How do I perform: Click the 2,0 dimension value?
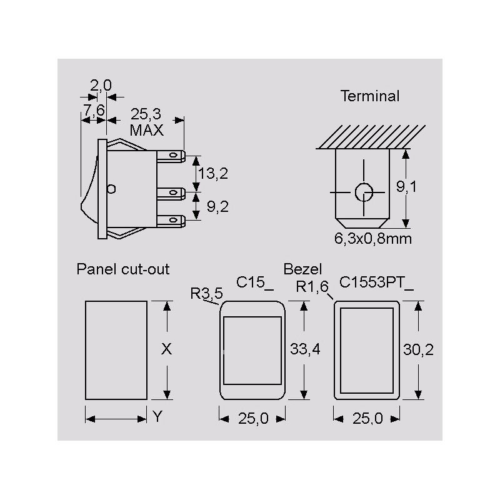click(x=101, y=86)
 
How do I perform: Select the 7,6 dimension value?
click(x=94, y=111)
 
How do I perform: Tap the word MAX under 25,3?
click(x=147, y=130)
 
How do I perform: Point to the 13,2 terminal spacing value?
click(x=213, y=174)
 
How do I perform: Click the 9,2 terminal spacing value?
click(x=217, y=207)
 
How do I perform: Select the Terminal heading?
click(x=370, y=96)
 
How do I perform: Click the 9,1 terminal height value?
click(x=406, y=186)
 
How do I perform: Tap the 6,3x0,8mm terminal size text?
click(x=372, y=239)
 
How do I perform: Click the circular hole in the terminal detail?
click(x=364, y=192)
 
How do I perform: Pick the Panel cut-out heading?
click(x=123, y=269)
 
